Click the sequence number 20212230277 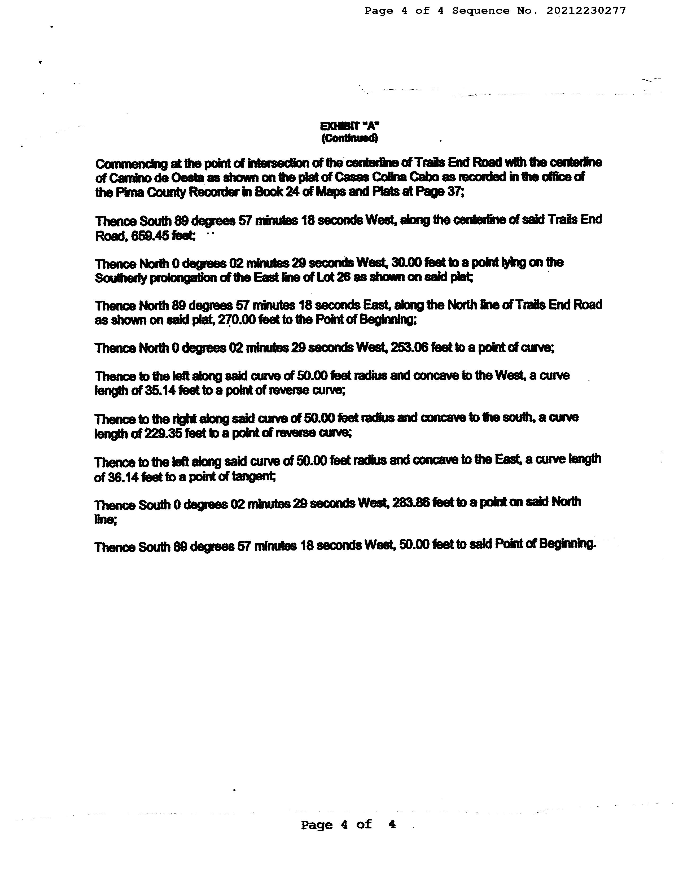tap(586, 11)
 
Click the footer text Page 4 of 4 tap(348, 825)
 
